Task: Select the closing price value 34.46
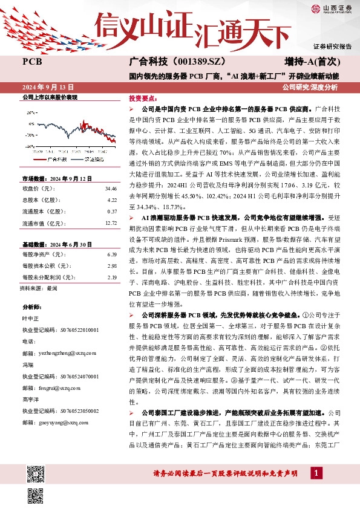point(110,189)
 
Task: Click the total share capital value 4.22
point(111,199)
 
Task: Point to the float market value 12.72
point(110,222)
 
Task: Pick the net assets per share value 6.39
point(111,254)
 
